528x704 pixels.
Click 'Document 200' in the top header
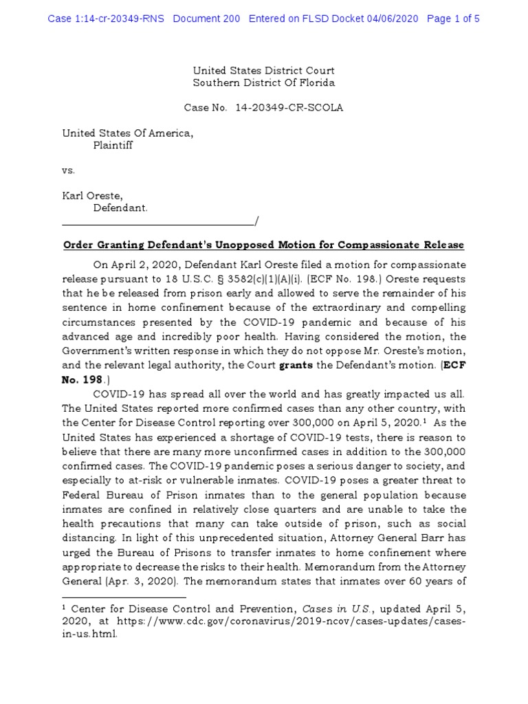click(x=206, y=19)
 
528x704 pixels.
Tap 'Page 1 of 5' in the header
click(x=453, y=19)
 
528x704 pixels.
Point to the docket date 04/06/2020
click(x=393, y=19)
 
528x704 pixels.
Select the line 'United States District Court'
click(x=263, y=70)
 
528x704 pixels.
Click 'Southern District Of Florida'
click(x=263, y=82)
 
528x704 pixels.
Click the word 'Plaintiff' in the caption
click(x=113, y=145)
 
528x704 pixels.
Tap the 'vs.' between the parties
click(x=69, y=170)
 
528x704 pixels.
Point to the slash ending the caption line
click(x=256, y=221)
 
